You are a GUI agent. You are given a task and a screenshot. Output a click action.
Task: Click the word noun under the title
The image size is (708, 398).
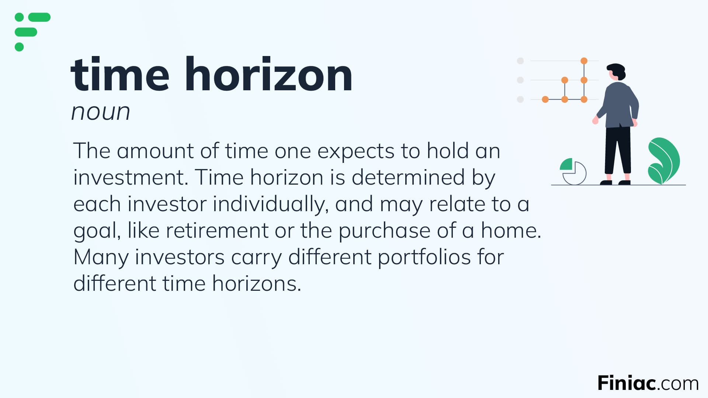tap(100, 112)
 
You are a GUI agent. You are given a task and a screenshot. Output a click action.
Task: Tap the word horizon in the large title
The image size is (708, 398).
tap(268, 75)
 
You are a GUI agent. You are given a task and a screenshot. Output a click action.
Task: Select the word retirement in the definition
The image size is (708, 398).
tap(217, 231)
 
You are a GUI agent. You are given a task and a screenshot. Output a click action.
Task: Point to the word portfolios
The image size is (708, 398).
tap(424, 257)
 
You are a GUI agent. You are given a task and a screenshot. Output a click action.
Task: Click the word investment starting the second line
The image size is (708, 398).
tap(131, 178)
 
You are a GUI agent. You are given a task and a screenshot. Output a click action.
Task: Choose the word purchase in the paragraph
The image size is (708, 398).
tap(384, 231)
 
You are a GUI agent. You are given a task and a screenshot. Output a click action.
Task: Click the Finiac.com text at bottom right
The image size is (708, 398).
tap(648, 383)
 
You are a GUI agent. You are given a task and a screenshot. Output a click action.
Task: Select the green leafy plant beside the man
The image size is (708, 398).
tap(664, 161)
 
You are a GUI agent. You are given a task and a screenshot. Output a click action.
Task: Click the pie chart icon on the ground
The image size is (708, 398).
tap(573, 171)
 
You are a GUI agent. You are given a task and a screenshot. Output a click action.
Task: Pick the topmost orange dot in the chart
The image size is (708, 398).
tap(584, 61)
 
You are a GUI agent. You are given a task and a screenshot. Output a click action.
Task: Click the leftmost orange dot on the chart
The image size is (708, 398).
tap(545, 99)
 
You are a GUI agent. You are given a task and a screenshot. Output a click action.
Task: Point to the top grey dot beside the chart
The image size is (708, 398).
tap(520, 61)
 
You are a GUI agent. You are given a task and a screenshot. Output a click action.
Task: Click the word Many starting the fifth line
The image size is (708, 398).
tap(101, 257)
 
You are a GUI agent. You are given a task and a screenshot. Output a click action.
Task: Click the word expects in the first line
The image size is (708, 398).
tap(355, 151)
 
